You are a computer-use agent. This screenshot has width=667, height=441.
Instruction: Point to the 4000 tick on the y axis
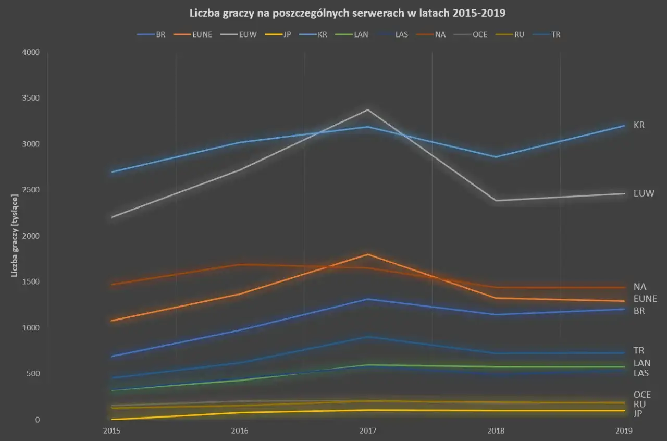(x=31, y=53)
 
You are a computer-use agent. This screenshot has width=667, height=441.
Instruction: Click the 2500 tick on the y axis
(x=31, y=190)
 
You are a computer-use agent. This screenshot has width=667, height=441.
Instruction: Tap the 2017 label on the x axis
(x=368, y=431)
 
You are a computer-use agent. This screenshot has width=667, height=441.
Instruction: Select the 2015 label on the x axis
(x=112, y=431)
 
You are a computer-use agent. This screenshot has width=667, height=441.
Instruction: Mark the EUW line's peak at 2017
(x=368, y=109)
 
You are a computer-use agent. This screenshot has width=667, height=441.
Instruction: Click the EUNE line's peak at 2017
(x=368, y=254)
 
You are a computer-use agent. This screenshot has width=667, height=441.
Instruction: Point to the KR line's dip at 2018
(x=496, y=157)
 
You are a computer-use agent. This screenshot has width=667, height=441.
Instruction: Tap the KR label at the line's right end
(x=639, y=125)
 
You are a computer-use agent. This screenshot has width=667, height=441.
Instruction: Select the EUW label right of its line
(x=644, y=193)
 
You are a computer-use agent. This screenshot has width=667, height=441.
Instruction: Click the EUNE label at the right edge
(x=645, y=299)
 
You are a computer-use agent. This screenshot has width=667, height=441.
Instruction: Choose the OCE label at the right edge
(x=642, y=395)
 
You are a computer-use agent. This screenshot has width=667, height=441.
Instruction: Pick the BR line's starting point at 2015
(x=112, y=357)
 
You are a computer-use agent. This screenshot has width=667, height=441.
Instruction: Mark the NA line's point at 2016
(x=240, y=264)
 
